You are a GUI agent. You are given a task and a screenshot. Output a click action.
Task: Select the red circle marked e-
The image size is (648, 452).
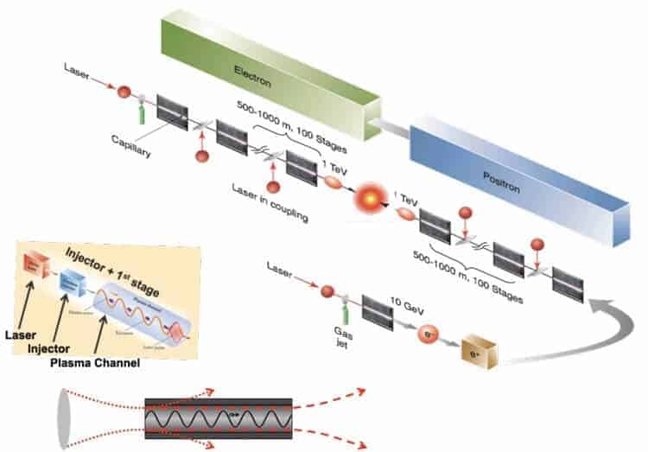pyautogui.click(x=428, y=333)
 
